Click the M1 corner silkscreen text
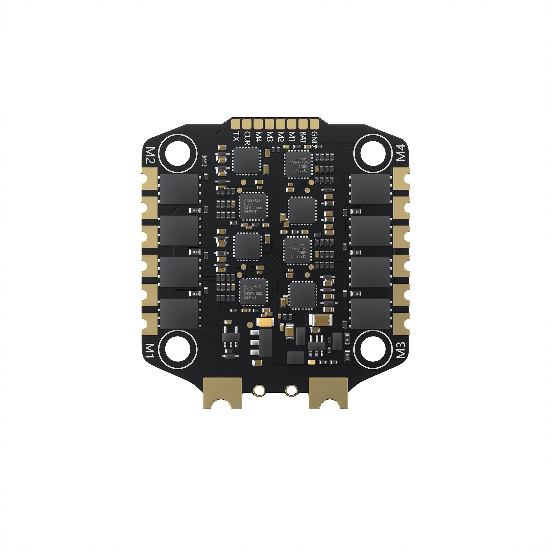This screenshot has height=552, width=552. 150,351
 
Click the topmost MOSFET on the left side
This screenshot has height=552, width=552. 179,189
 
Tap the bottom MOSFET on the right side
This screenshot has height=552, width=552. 370,314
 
